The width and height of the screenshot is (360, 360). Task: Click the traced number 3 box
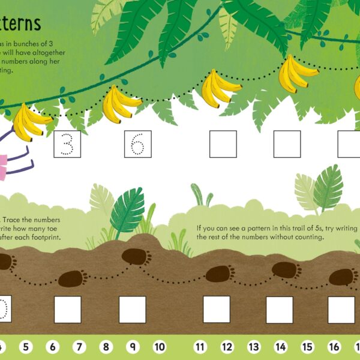pos(67,144)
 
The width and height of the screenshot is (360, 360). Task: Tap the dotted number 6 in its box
pos(138,144)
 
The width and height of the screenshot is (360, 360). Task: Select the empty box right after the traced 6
pos(223,144)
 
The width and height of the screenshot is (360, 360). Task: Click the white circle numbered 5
pos(25,347)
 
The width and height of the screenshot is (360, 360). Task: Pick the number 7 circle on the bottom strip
pos(79,347)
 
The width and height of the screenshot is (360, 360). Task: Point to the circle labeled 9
pos(133,347)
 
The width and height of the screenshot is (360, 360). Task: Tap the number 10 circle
pos(160,347)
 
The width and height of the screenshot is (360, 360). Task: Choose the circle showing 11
pos(200,347)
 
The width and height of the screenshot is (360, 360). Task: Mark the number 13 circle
pos(254,347)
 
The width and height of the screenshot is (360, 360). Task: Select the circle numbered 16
pos(334,347)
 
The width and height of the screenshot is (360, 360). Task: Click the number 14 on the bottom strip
pos(281,347)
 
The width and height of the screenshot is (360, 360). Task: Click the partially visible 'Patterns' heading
pos(20,23)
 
